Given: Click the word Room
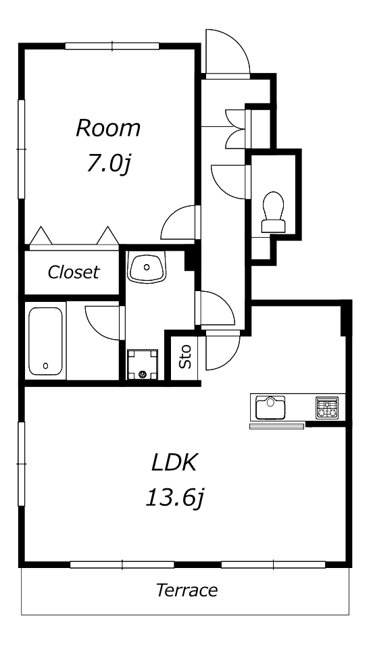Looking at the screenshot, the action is pyautogui.click(x=108, y=128).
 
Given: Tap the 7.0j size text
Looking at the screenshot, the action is pyautogui.click(x=108, y=164).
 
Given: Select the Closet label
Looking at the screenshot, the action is pyautogui.click(x=74, y=272).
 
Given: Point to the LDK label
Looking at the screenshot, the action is pyautogui.click(x=175, y=463).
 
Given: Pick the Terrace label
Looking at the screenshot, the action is pyautogui.click(x=187, y=590).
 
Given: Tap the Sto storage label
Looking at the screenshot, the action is pyautogui.click(x=185, y=356).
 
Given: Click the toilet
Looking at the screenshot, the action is pyautogui.click(x=274, y=212).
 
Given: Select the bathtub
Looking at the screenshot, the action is pyautogui.click(x=45, y=341).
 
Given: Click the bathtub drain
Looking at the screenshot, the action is pyautogui.click(x=45, y=365).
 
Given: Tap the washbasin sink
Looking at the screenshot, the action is pyautogui.click(x=146, y=267).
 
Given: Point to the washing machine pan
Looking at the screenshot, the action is pyautogui.click(x=143, y=365).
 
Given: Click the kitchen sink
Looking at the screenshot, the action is pyautogui.click(x=270, y=407).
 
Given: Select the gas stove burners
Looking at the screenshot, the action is pyautogui.click(x=327, y=408).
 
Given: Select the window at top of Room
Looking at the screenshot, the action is pyautogui.click(x=112, y=46).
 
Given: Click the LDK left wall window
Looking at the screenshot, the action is pyautogui.click(x=22, y=463).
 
